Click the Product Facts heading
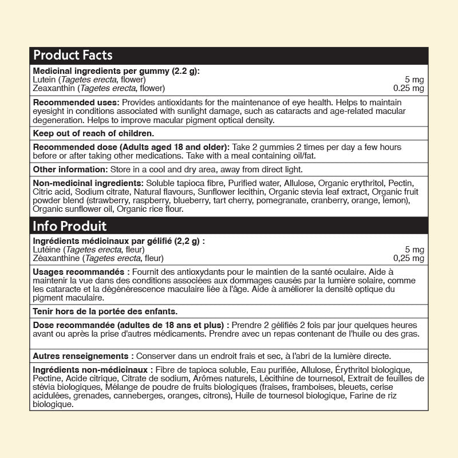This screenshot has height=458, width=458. point(73,56)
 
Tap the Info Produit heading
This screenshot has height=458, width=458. point(70,226)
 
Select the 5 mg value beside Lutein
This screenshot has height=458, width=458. point(414,80)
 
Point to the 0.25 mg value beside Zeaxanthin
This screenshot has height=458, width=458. point(409,88)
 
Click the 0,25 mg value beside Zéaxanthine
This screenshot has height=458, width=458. point(409,258)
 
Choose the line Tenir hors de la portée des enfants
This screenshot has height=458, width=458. point(105,311)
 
